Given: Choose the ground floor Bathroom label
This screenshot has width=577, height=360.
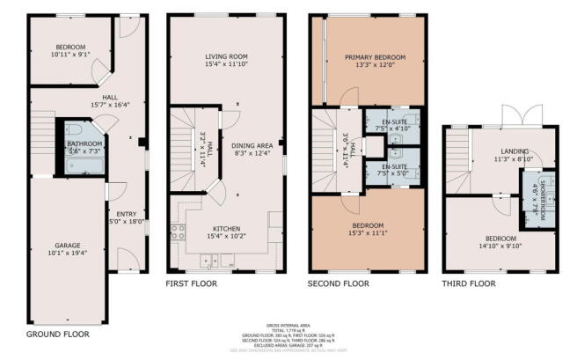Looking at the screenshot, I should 84,143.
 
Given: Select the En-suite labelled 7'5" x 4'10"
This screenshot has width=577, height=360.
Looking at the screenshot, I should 388,120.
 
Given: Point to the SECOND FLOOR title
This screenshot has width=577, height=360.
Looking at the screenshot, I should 338,284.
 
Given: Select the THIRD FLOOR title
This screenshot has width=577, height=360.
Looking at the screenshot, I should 471,284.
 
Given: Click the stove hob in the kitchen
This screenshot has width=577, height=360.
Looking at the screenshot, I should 179,233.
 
